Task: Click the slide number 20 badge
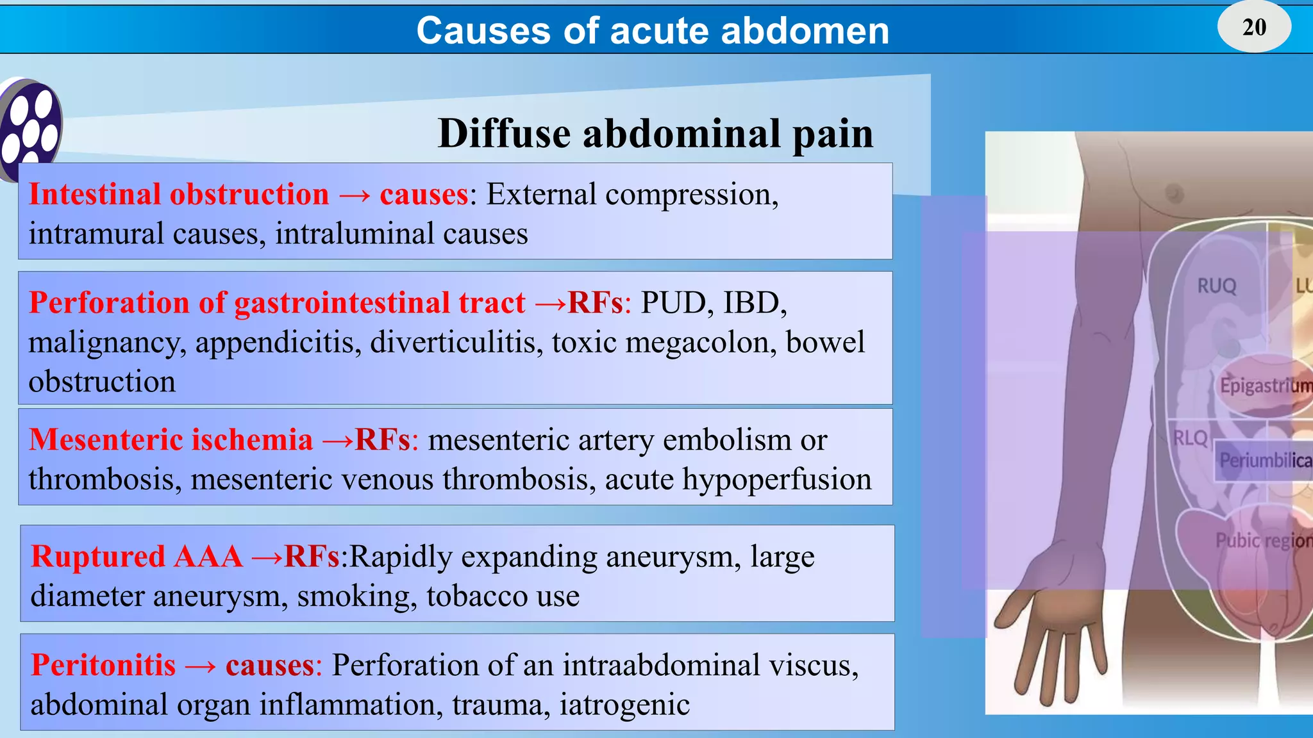(x=1254, y=27)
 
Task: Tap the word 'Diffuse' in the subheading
(x=504, y=134)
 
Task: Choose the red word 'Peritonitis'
(x=103, y=665)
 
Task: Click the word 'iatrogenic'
(x=624, y=705)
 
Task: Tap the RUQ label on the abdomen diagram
(x=1216, y=286)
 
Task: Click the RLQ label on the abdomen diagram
(x=1190, y=438)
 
